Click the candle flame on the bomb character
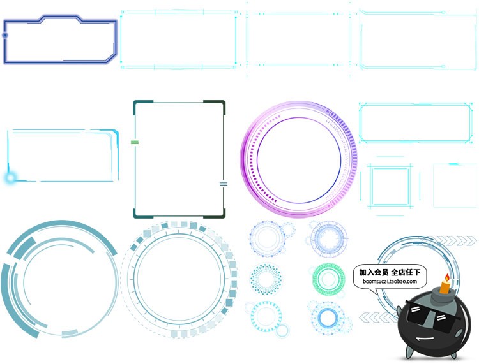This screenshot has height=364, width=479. point(447,278)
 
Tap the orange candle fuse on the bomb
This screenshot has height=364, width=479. point(445,287)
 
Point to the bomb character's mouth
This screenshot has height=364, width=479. point(425,339)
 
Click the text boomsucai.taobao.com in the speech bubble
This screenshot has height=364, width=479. point(390,281)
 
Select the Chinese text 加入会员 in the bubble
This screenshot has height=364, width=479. point(374,272)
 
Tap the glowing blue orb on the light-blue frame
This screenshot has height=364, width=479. point(10,178)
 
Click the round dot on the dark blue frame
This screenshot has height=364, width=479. point(5,35)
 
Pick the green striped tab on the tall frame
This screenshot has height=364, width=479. point(135,142)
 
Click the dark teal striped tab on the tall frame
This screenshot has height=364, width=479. point(224,184)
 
